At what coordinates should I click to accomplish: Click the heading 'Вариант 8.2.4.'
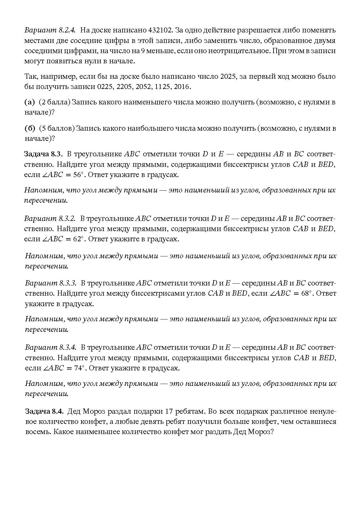pos(50,30)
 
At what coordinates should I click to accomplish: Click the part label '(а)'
pos(30,102)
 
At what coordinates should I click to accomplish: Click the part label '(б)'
pos(30,128)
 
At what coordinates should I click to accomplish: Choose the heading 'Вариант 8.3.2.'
pos(50,218)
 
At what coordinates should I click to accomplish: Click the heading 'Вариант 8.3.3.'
pos(50,283)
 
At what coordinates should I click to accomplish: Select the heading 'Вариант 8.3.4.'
pos(50,347)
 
